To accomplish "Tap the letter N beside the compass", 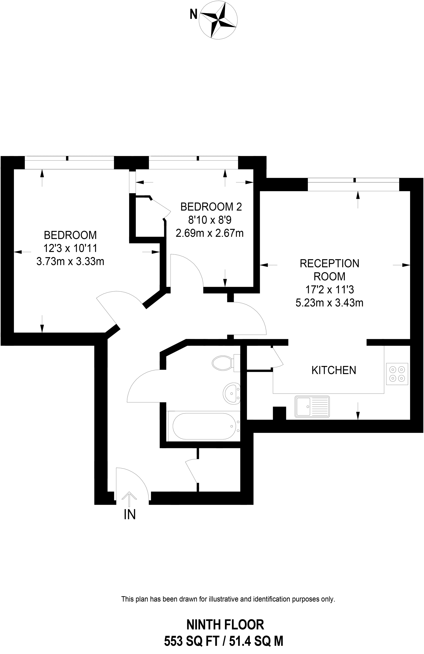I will click(x=194, y=14).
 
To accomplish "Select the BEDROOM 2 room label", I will click(x=211, y=207).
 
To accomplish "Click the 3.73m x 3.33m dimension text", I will click(x=70, y=261).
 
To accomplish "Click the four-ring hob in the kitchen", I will click(x=397, y=374).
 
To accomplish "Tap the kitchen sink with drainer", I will click(x=312, y=407).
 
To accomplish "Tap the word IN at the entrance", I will click(x=130, y=515).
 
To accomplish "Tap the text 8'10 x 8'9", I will click(x=211, y=220).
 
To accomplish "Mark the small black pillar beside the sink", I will click(x=279, y=413).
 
